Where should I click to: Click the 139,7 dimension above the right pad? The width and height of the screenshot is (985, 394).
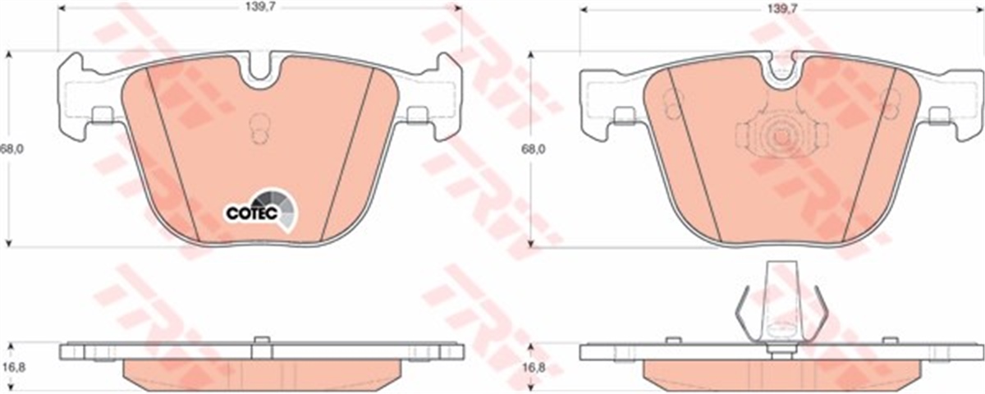[782, 7]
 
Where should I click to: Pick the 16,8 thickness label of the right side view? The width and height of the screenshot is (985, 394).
[534, 368]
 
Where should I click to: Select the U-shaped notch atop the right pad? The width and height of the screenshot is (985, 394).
[783, 74]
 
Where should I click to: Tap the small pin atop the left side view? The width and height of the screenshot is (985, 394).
[260, 341]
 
